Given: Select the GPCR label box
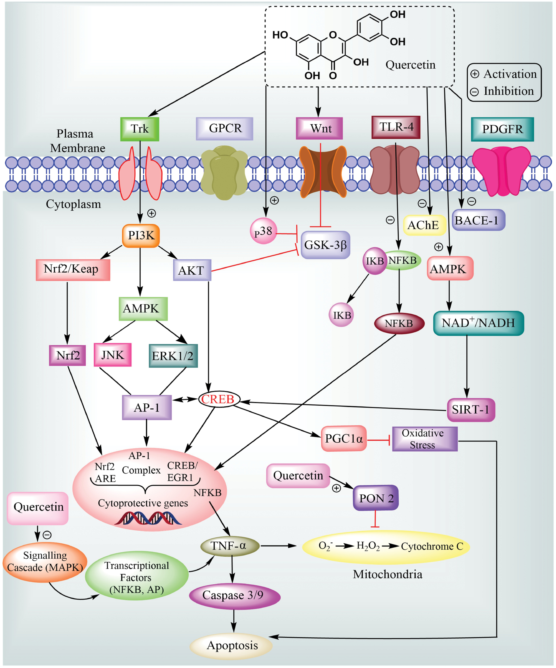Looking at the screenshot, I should pyautogui.click(x=224, y=128).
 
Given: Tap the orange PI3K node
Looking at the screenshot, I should pyautogui.click(x=141, y=236).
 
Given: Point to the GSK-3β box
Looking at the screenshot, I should pyautogui.click(x=325, y=245).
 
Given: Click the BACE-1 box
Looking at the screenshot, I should pyautogui.click(x=478, y=220).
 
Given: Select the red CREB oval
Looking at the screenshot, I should pyautogui.click(x=219, y=399).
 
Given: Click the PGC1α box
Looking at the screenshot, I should pyautogui.click(x=344, y=439).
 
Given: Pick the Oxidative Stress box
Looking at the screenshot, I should pyautogui.click(x=424, y=439).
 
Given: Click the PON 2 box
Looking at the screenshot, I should pyautogui.click(x=376, y=498).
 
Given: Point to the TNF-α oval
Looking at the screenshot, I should pyautogui.click(x=230, y=546).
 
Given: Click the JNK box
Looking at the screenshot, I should pyautogui.click(x=112, y=355).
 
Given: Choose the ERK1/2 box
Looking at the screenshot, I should pyautogui.click(x=173, y=355).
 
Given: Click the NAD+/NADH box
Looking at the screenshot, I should pyautogui.click(x=478, y=323).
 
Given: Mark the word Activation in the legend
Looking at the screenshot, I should pyautogui.click(x=510, y=74).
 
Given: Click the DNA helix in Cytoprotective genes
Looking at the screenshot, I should pyautogui.click(x=148, y=518).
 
